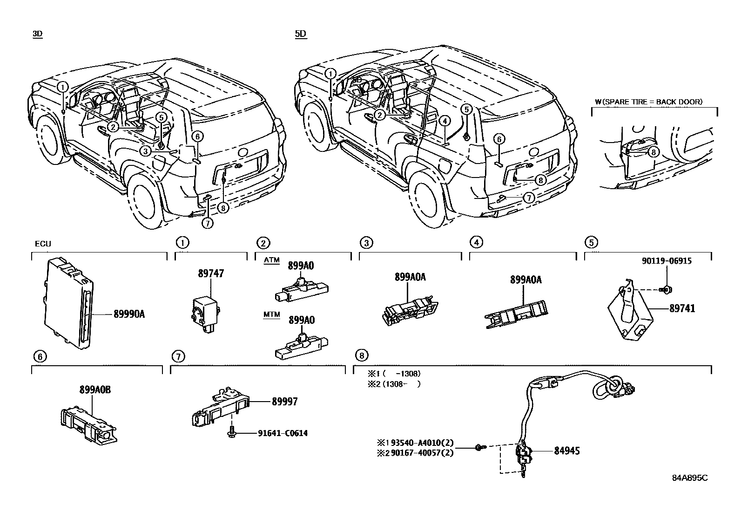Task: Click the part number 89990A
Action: (129, 314)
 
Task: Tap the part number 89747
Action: (211, 273)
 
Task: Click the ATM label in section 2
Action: (272, 260)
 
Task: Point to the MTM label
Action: (272, 314)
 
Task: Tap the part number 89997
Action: (283, 401)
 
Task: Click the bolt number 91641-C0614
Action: (283, 433)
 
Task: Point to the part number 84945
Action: (566, 451)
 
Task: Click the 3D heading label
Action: (37, 34)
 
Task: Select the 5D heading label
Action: (301, 34)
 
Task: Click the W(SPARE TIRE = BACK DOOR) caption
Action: (648, 102)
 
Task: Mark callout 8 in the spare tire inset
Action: (653, 152)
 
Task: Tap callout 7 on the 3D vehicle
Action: (207, 223)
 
